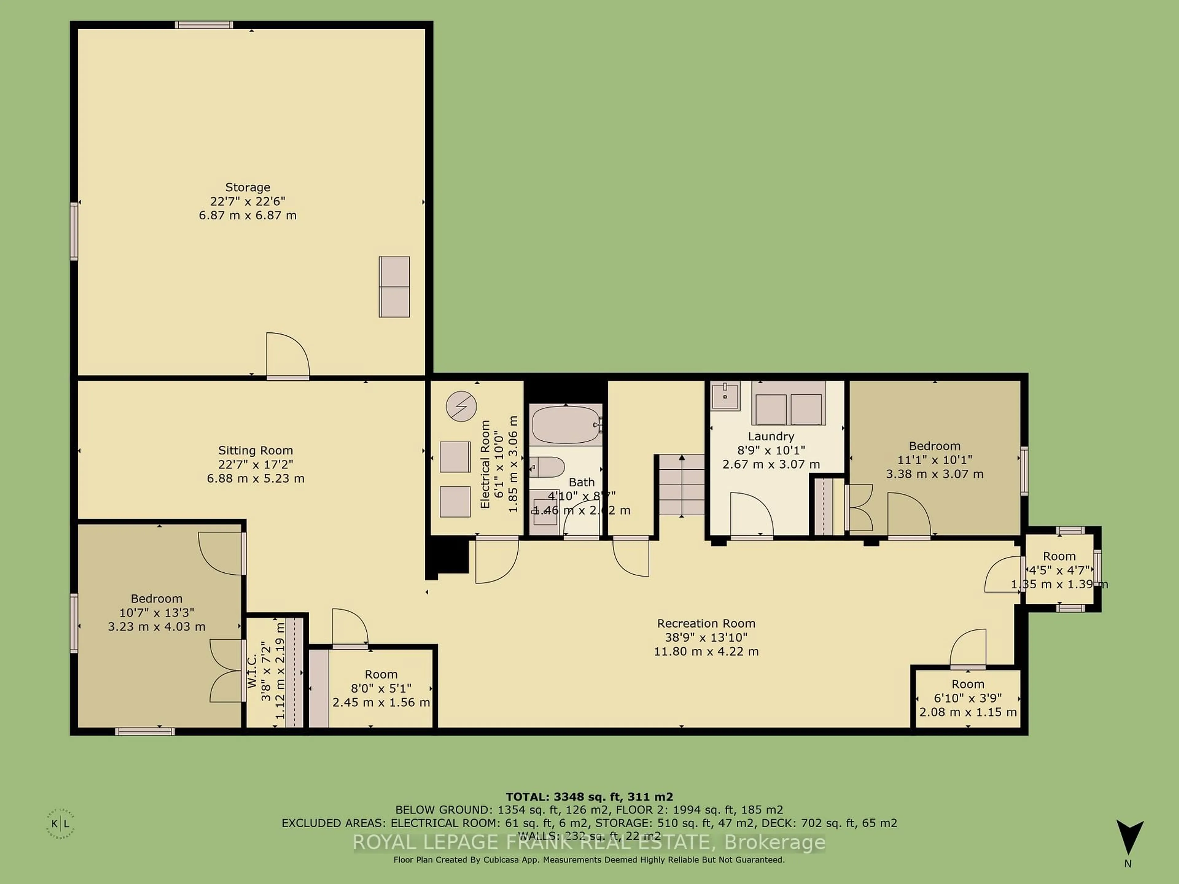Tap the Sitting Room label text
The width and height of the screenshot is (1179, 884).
click(255, 450)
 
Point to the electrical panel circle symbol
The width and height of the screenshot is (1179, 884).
click(461, 407)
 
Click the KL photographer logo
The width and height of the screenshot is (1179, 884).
click(60, 824)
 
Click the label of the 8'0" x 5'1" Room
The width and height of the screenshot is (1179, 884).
click(381, 674)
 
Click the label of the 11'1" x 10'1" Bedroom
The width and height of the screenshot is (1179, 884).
click(934, 446)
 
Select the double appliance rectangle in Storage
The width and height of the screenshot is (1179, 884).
click(395, 287)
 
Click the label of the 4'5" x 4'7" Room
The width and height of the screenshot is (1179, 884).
click(1059, 556)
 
